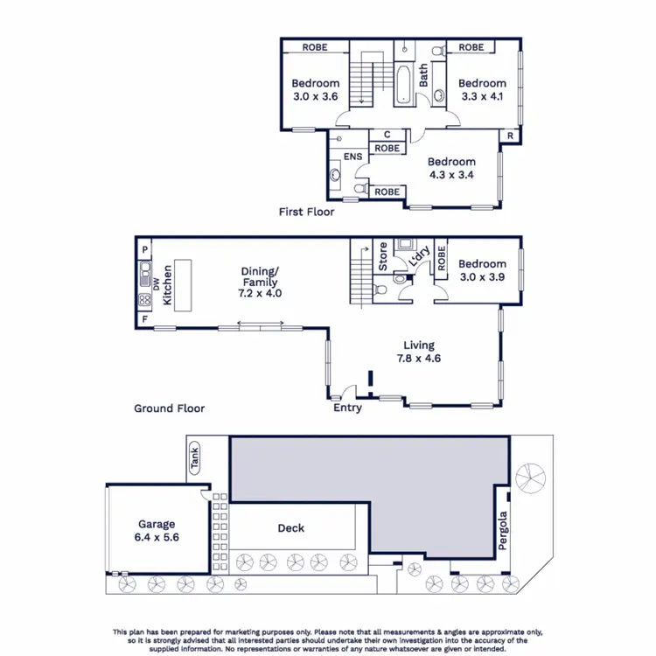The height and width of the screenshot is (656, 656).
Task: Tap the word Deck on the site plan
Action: point(290,527)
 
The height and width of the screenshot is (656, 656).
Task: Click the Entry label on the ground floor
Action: point(347,408)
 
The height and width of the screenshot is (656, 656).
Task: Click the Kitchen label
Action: point(167,287)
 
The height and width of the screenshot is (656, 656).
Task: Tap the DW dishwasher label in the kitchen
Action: point(156,283)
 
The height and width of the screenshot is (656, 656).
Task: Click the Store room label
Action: point(382,257)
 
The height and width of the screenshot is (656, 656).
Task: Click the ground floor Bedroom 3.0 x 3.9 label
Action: point(481,269)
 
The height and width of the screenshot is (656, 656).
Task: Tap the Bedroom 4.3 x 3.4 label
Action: point(450,167)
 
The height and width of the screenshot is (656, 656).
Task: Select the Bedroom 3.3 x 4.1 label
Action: point(483,90)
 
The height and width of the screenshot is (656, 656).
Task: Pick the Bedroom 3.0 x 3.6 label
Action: point(315,90)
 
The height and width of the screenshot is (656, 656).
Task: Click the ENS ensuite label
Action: point(352,157)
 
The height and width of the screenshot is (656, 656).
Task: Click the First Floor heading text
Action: point(306,212)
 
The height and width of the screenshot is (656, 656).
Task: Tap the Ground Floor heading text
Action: point(169,408)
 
